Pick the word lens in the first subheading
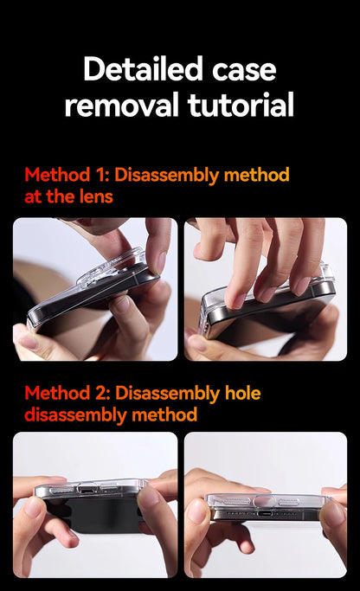click(x=96, y=196)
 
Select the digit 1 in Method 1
click(x=100, y=175)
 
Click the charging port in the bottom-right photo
click(x=268, y=513)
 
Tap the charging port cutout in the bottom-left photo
click(x=90, y=489)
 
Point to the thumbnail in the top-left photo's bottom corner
click(x=27, y=339)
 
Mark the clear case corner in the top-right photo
click(x=325, y=274)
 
